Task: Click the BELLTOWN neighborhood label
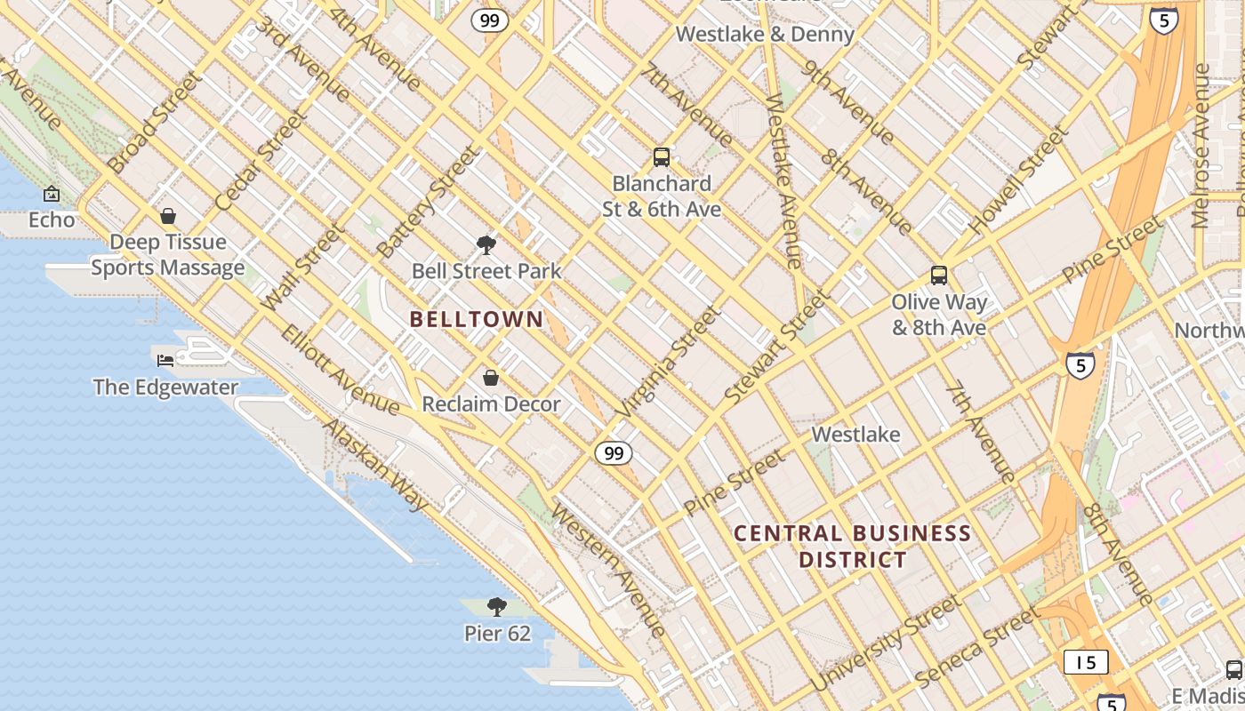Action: pos(477,319)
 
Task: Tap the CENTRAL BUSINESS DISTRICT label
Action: pos(852,547)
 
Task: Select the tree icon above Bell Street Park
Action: pos(486,244)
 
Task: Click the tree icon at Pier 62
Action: pos(497,607)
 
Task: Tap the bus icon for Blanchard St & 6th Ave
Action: pos(662,157)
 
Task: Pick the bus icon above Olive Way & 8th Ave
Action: pos(939,276)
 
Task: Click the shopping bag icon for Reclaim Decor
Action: pos(490,379)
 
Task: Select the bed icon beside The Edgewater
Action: pos(165,360)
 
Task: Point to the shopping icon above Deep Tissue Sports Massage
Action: pos(168,216)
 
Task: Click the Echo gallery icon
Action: pos(52,194)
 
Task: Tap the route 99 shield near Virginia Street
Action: pos(614,453)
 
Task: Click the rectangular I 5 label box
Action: pos(1086,662)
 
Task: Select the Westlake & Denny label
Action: pos(765,35)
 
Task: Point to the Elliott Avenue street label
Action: pos(340,370)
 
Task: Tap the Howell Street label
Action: pos(1018,182)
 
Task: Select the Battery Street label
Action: pos(428,203)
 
